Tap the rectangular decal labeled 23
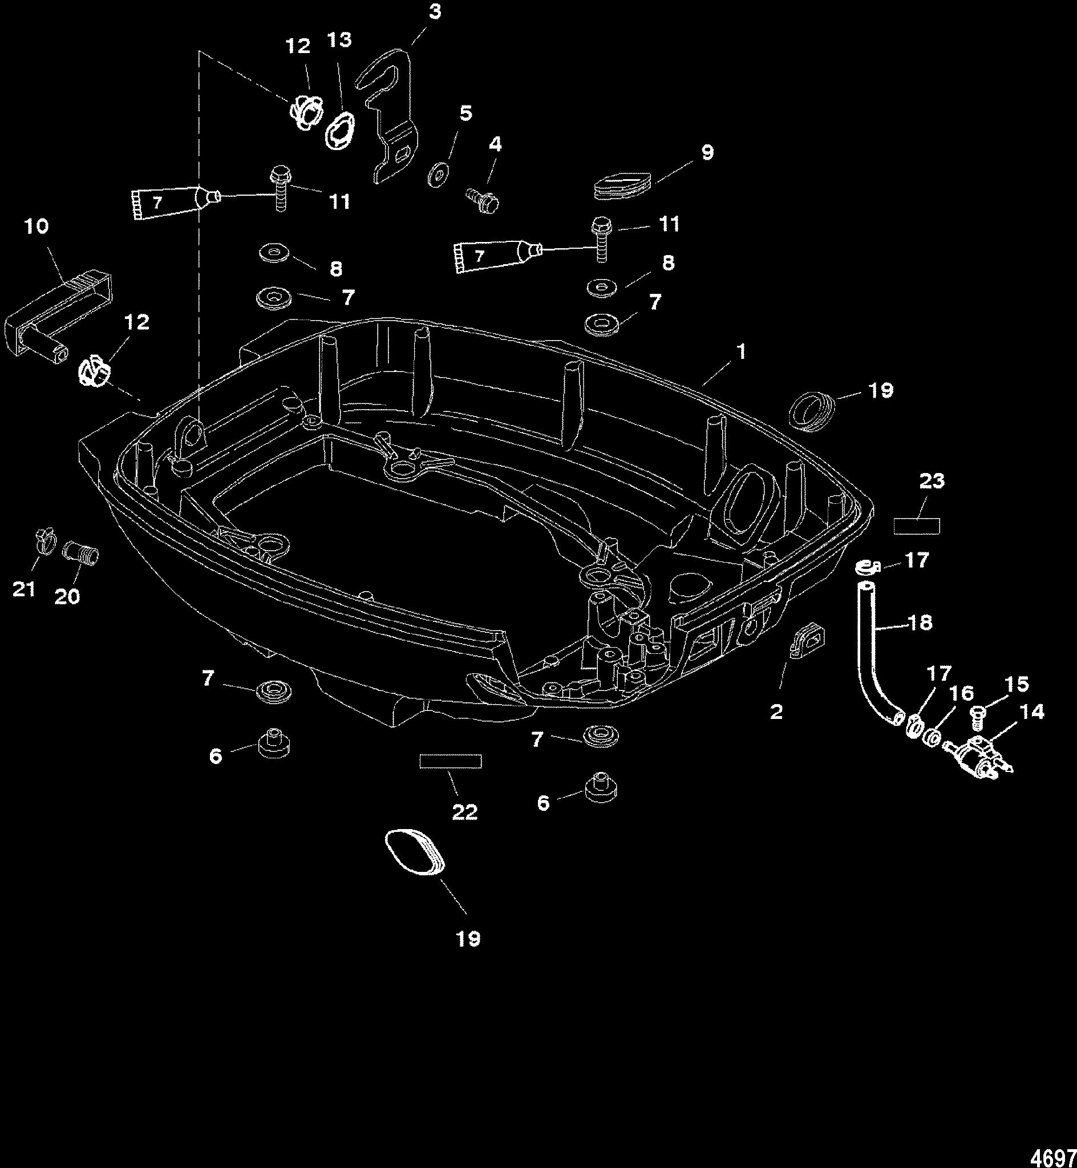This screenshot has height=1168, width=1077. (x=916, y=526)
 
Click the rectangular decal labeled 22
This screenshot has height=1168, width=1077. (x=451, y=762)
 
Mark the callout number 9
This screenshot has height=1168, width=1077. (x=706, y=153)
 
